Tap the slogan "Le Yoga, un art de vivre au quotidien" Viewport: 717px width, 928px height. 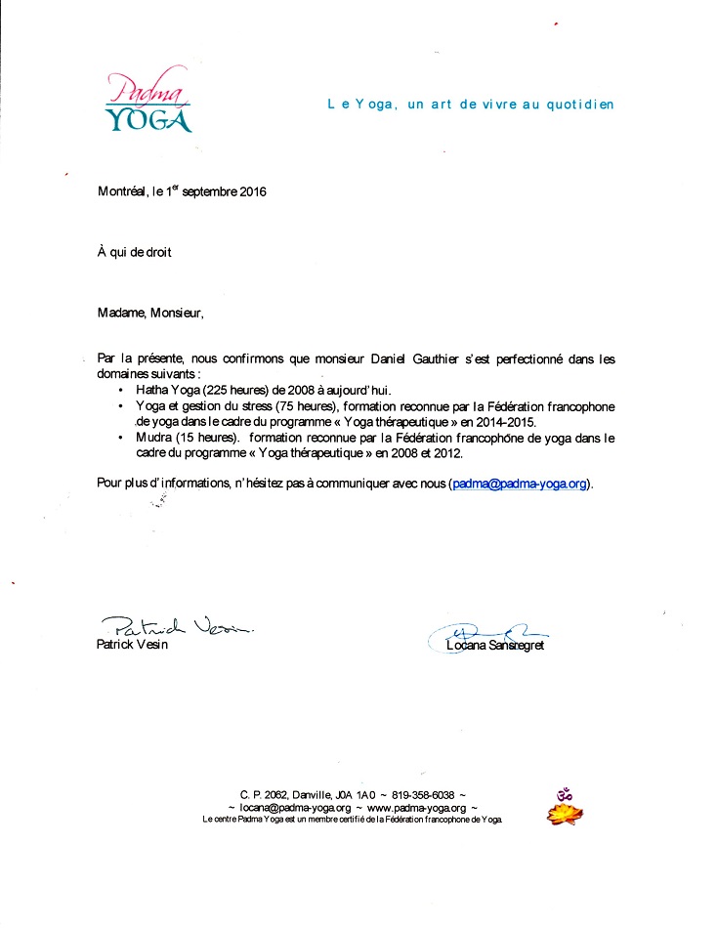[470, 105]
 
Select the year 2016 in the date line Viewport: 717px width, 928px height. [251, 191]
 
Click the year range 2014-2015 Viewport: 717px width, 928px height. [502, 421]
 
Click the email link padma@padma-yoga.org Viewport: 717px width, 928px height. [519, 483]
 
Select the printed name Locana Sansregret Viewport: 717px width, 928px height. [494, 647]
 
